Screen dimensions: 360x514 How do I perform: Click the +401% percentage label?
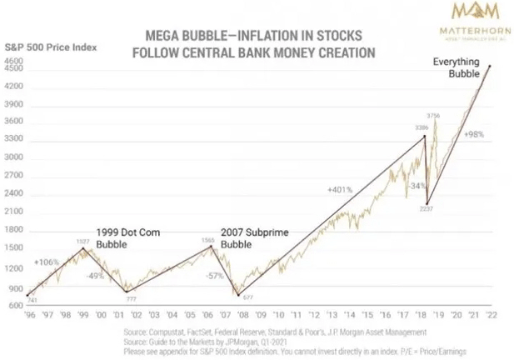pos(339,189)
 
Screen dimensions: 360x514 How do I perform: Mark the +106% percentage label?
pos(47,262)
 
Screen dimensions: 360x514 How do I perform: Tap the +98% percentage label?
pos(475,134)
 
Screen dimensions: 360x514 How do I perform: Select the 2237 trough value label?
pos(427,210)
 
